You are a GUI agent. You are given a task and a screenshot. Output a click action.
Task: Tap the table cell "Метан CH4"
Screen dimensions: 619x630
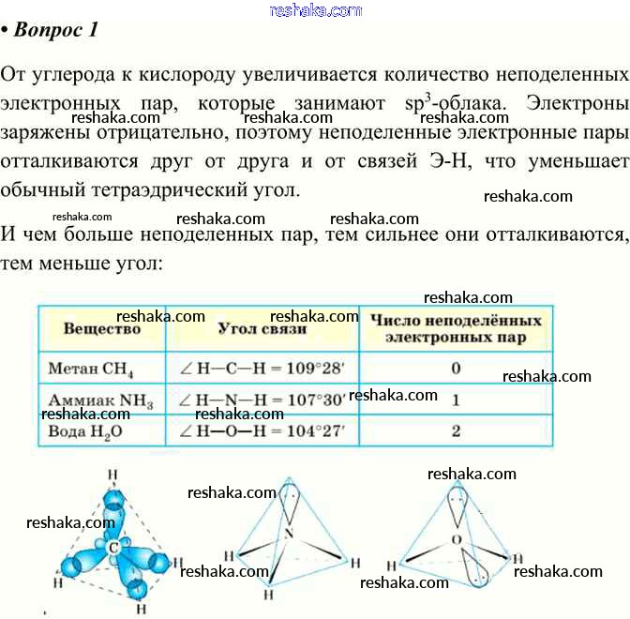coord(100,368)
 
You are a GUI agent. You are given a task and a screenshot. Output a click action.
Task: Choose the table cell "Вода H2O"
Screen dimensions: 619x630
coord(96,432)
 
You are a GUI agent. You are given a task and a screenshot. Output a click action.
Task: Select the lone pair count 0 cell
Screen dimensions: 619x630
coord(456,368)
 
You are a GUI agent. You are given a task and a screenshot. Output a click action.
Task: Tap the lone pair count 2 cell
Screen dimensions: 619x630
coord(456,432)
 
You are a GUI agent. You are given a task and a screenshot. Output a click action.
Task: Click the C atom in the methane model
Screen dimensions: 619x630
coord(113,546)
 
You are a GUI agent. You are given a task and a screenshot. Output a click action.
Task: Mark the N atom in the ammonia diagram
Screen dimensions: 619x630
coord(290,534)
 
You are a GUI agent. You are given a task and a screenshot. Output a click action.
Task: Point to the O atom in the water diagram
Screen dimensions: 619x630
coord(457,540)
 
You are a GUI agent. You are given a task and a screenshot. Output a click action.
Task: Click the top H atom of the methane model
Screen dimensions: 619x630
coord(113,474)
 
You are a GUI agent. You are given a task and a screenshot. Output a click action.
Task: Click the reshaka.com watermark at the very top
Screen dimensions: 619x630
coord(315,10)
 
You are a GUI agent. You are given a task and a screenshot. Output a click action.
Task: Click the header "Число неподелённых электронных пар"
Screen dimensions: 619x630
coord(456,328)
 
